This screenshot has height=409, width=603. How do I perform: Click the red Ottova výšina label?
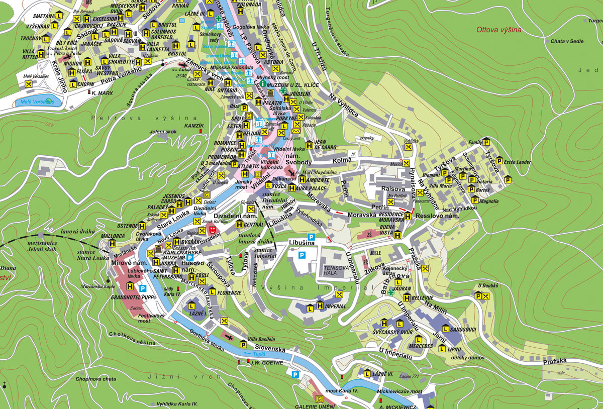pos(498,30)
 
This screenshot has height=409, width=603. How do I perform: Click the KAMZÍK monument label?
pos(194,125)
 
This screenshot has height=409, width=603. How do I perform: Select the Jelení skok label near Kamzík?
pos(163,132)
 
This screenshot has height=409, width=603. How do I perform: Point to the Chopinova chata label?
pos(96,379)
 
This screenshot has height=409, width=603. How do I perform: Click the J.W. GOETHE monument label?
pos(267,363)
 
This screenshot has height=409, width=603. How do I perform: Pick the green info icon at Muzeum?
pos(262,85)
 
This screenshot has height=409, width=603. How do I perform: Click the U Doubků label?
pos(487,286)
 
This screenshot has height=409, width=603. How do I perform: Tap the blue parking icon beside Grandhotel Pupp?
pos(143,288)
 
